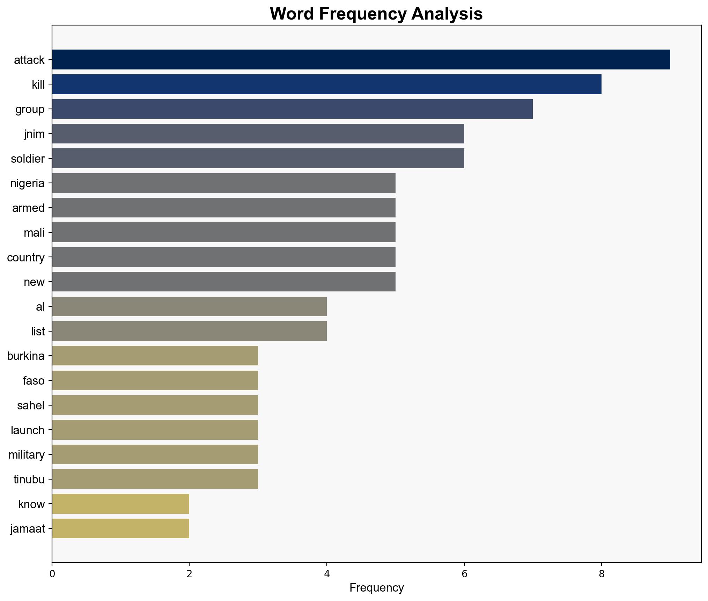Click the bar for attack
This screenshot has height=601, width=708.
coord(361,60)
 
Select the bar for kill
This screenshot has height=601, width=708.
coord(326,84)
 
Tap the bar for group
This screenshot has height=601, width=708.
coord(292,109)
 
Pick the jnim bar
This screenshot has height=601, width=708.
coord(258,134)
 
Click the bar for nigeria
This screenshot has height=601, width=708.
coord(223,183)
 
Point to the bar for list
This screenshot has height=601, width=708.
coord(189,331)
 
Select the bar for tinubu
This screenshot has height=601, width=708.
coord(155,479)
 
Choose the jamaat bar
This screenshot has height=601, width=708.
coord(120,529)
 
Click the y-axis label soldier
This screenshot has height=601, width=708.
coord(28,159)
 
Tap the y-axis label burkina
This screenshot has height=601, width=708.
coord(26,356)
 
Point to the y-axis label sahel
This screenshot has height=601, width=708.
coord(31,406)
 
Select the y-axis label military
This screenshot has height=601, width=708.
coord(27,455)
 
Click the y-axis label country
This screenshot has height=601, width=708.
coord(26,258)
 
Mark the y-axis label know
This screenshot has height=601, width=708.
coord(31,504)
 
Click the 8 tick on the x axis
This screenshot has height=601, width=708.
coord(601,574)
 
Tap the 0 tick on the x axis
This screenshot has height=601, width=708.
coord(52,574)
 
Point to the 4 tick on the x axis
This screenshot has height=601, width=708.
coord(327,574)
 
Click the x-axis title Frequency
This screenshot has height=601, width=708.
coord(376,588)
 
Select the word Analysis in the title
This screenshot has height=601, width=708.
coord(447,14)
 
